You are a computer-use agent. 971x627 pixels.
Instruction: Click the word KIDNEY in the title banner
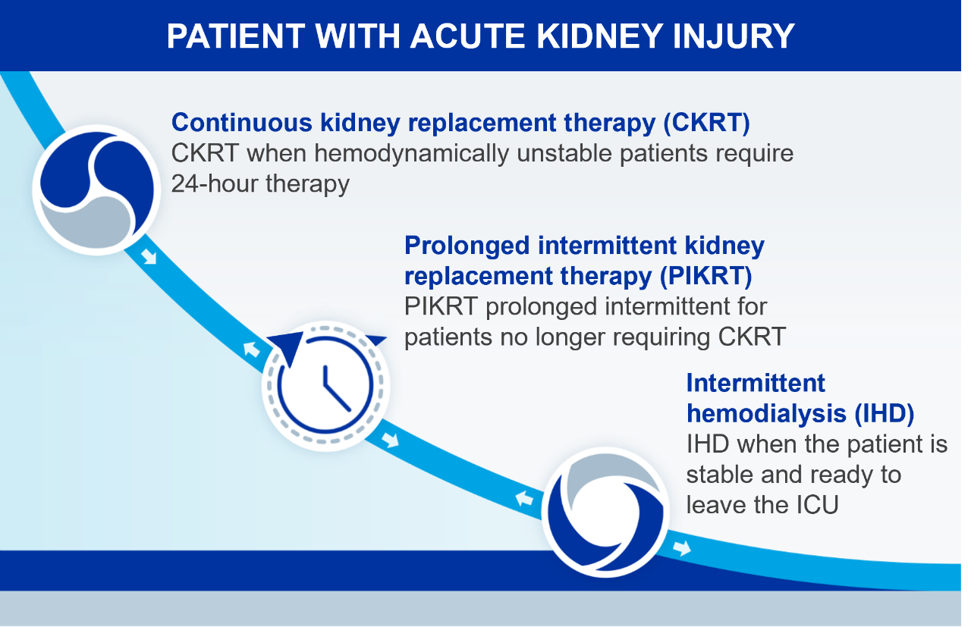coord(599,36)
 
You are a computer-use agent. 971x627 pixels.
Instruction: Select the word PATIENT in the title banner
coord(236,36)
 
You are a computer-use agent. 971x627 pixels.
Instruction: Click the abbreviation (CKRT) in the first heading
coord(706,123)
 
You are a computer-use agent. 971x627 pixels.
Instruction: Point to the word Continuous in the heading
coord(242,122)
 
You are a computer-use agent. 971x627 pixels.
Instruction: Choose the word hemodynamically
coord(411,154)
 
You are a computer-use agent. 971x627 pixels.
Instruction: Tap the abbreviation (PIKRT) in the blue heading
coord(705,277)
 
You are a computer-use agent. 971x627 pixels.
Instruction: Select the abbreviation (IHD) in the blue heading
coord(885,413)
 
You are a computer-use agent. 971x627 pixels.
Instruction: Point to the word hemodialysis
coord(766,413)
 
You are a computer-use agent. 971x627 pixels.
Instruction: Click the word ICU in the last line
coord(818,505)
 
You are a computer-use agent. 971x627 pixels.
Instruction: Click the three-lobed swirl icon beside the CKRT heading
coord(96,190)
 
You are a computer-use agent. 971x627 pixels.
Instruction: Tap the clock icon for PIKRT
coord(326,385)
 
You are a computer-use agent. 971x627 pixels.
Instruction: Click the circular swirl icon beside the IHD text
coord(605,513)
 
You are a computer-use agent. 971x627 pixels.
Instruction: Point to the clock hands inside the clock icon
coord(336,389)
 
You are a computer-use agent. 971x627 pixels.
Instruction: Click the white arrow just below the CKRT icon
coord(149,257)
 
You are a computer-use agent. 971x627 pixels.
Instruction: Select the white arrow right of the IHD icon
coord(682,547)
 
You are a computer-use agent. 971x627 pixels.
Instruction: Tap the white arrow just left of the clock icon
coord(251,349)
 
